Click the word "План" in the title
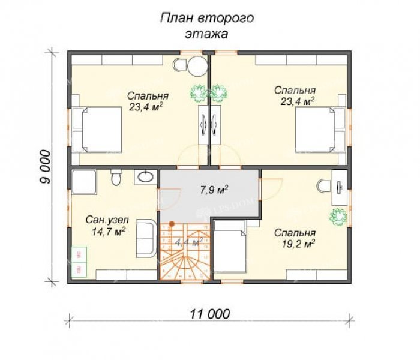pos(172,18)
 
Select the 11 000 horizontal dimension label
pos(208,314)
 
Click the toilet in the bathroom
pos(117,178)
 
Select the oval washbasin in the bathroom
pos(144,177)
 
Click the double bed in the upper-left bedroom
pos(100,129)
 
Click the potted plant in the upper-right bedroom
pos(219,92)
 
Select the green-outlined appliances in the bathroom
pos(78,262)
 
